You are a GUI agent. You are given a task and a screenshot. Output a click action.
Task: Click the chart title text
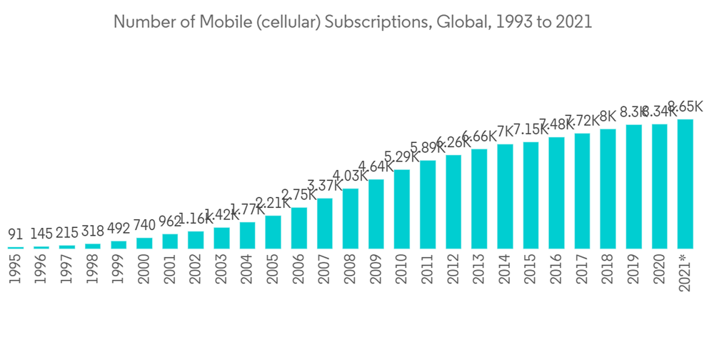(x=353, y=22)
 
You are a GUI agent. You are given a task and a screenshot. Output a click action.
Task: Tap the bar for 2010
(x=402, y=209)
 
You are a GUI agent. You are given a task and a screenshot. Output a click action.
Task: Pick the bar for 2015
(x=531, y=195)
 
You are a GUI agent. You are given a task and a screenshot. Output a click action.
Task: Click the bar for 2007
(x=325, y=223)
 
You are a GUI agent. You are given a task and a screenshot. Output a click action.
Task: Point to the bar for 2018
(x=608, y=189)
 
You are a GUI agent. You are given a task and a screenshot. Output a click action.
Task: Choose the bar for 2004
(x=248, y=235)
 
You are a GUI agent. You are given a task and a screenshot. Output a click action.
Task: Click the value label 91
(x=16, y=234)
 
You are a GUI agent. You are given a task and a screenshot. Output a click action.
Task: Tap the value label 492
(x=119, y=229)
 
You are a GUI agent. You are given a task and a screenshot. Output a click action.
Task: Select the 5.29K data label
(x=402, y=156)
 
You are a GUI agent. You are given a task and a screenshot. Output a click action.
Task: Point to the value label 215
(x=67, y=232)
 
